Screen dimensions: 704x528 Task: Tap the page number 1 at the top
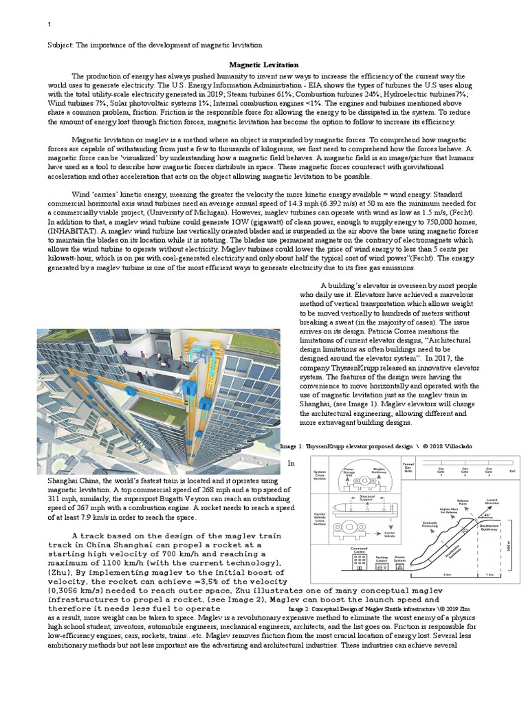(x=49, y=25)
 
